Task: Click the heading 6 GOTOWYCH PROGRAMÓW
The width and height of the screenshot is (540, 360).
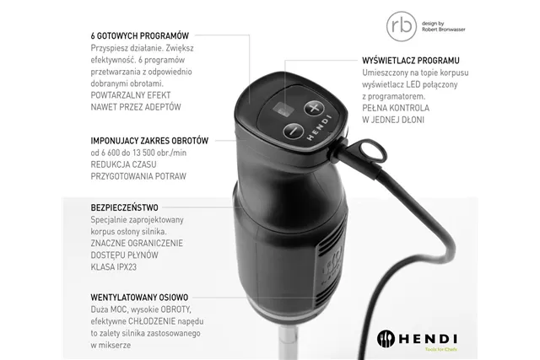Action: point(138,36)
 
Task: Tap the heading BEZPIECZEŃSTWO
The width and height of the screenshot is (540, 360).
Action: point(124,207)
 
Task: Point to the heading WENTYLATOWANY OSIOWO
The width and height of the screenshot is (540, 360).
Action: point(139,298)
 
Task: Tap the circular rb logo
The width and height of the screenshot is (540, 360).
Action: point(398,24)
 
